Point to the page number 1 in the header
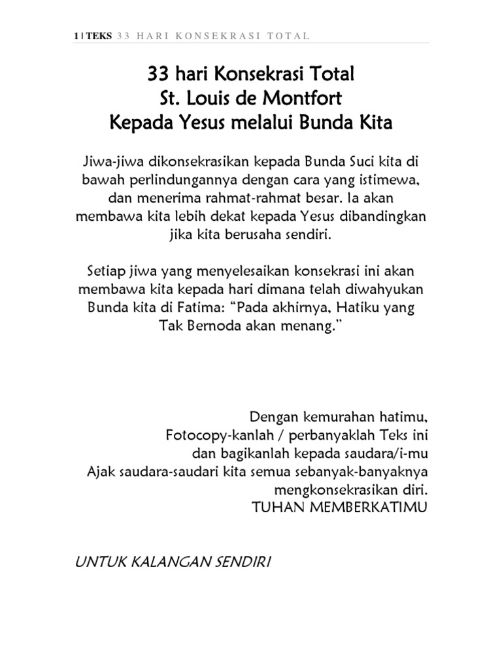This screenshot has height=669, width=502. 76,35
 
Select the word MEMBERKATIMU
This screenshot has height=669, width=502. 365,507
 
